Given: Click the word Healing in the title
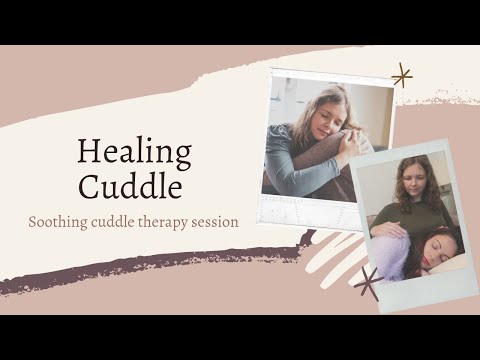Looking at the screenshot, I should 134,152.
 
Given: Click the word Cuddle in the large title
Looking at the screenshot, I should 134,187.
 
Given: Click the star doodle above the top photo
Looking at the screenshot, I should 402,75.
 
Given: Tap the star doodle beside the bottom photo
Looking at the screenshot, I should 368,284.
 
